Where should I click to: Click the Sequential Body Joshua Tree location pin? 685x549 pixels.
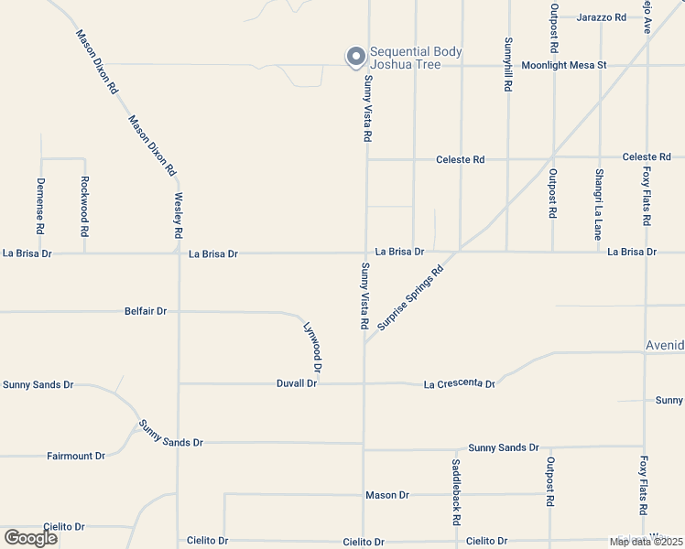coord(354,57)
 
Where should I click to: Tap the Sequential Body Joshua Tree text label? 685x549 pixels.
coord(415,58)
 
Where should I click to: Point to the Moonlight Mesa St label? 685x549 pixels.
coord(564,66)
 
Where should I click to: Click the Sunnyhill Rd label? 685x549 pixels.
coord(507,64)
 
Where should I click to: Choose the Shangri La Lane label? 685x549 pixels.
coord(598,204)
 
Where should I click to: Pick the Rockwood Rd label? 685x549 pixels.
coord(84,207)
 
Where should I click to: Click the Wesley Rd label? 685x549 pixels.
coord(179,216)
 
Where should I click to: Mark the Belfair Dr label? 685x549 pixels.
coord(146,311)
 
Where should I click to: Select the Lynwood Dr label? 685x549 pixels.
coord(312,346)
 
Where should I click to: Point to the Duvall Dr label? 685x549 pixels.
coord(297,383)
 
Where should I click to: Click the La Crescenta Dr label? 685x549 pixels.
coord(459,384)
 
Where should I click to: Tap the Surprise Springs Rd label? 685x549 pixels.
coord(409,296)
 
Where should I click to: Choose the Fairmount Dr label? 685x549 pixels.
coord(76,456)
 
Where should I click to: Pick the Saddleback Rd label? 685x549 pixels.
coord(455,491)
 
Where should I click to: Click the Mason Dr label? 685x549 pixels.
coord(387,495)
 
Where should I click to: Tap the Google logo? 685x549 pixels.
coord(30,538)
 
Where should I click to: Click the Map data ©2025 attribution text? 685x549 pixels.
coord(646,542)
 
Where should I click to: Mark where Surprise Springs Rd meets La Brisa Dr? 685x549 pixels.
coord(457,250)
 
